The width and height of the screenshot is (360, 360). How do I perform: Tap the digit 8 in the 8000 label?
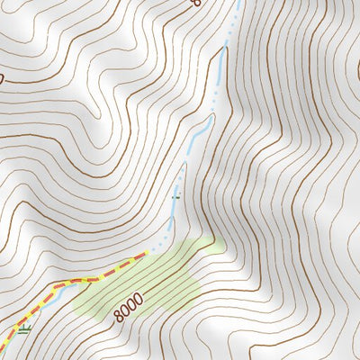click(119, 316)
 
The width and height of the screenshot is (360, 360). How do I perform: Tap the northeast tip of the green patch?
click(219, 240)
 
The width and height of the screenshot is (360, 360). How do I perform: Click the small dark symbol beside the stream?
click(175, 193)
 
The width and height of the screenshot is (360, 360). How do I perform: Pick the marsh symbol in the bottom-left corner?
click(22, 329)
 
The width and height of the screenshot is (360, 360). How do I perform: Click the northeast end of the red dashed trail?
click(144, 256)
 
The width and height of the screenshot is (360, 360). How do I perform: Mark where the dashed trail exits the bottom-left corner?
click(4, 349)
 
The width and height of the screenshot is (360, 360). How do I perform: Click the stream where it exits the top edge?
click(240, 3)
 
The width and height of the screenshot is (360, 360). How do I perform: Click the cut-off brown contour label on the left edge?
click(2, 79)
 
